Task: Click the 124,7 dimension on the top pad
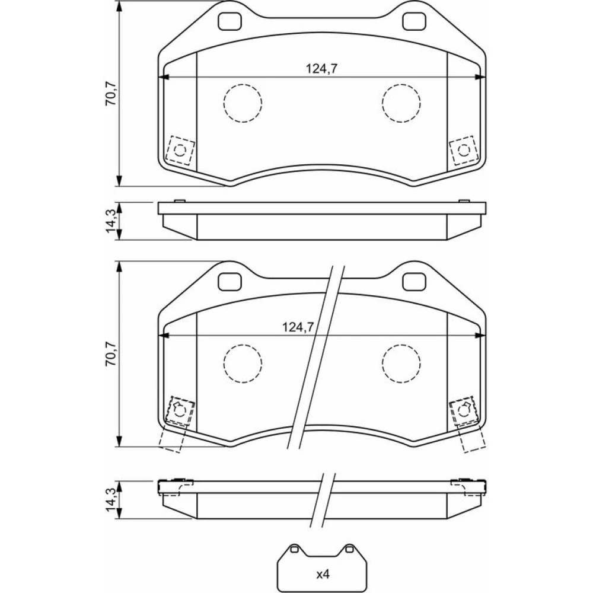pyautogui.click(x=321, y=69)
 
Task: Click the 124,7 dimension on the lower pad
pyautogui.click(x=298, y=327)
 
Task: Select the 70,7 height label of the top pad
pyautogui.click(x=111, y=94)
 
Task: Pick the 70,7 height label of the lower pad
pyautogui.click(x=111, y=353)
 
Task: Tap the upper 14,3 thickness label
pyautogui.click(x=111, y=221)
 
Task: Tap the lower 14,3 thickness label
pyautogui.click(x=111, y=499)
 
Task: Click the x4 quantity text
pyautogui.click(x=323, y=575)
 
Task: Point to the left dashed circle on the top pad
pyautogui.click(x=243, y=103)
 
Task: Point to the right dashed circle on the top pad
pyautogui.click(x=401, y=103)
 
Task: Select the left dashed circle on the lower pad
pyautogui.click(x=243, y=364)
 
